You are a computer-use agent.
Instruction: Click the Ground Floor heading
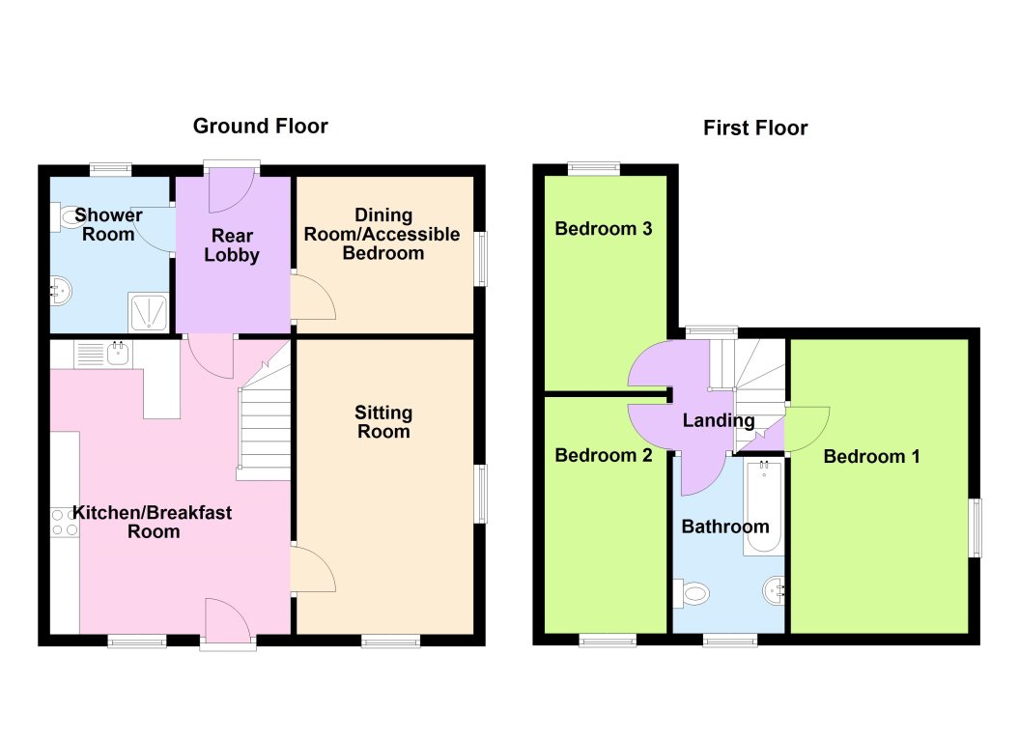point(260,126)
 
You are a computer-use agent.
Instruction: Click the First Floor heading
point(754,128)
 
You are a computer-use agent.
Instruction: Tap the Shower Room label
point(108,224)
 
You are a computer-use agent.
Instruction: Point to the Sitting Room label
point(383,422)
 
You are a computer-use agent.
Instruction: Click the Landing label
point(718,420)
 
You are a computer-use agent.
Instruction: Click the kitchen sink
point(119,353)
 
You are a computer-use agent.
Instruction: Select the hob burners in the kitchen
point(64,523)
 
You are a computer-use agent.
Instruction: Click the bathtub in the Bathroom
point(764,506)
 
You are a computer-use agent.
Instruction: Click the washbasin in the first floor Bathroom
point(776,590)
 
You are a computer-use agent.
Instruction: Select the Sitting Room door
point(312,570)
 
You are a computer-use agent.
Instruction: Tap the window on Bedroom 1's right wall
point(976,527)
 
